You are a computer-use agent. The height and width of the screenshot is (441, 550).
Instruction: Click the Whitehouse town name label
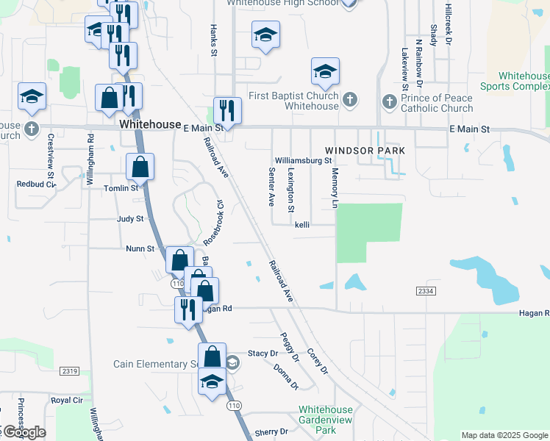pos(150,125)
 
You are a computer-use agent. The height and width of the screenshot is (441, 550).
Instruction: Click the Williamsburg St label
pos(303,160)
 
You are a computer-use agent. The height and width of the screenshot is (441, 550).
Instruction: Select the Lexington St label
pos(291,190)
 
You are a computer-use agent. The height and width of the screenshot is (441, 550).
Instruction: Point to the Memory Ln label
pos(335,187)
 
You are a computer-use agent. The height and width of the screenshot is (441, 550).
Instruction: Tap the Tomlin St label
pos(121,188)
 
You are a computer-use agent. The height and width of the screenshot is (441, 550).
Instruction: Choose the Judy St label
pos(129,219)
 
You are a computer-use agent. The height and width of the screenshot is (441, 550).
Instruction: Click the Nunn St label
pos(140,249)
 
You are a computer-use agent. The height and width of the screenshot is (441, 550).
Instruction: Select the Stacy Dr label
pos(263,354)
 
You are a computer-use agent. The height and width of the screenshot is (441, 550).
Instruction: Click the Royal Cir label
pos(66,401)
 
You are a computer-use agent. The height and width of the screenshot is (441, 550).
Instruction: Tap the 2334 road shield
pos(424,292)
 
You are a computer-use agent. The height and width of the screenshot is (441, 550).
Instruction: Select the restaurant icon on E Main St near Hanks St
pos(227,111)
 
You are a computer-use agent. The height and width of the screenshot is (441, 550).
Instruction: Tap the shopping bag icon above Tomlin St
pos(140,167)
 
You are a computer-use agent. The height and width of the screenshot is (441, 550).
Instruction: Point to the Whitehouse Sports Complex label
pos(524,81)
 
